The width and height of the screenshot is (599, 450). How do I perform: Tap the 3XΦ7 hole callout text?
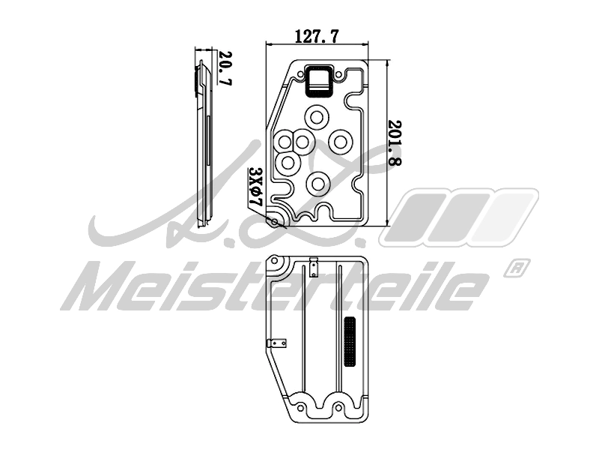click(x=254, y=187)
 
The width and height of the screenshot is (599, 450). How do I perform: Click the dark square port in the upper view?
click(x=320, y=81)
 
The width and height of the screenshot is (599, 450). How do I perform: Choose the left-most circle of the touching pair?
click(x=285, y=140)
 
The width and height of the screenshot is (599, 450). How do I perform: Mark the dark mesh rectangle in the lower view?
click(x=349, y=342)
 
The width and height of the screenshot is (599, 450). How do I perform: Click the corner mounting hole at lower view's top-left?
click(x=275, y=265)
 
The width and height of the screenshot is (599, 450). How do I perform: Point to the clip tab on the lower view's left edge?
click(x=278, y=343)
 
